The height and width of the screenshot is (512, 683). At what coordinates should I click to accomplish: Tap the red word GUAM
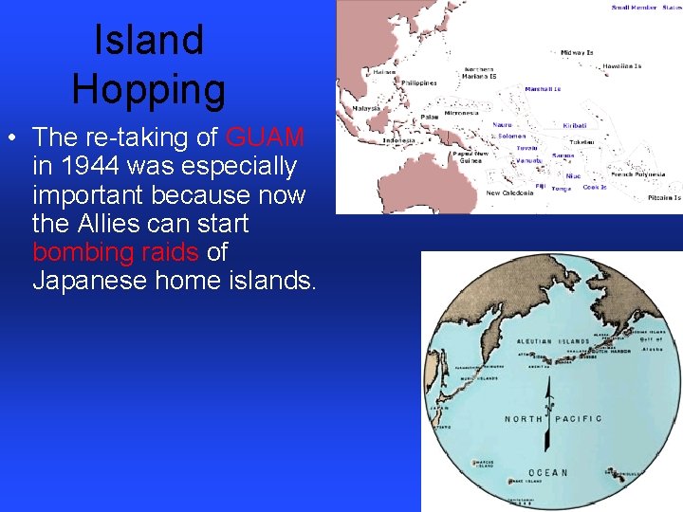[265, 137]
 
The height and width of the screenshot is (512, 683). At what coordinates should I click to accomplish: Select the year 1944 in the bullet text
[86, 166]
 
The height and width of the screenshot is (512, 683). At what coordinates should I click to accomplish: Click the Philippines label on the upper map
[418, 83]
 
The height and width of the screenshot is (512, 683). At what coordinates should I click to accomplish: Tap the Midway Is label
[578, 52]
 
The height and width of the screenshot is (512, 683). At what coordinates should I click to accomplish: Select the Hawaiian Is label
[622, 66]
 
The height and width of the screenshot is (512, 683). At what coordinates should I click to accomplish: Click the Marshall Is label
[544, 89]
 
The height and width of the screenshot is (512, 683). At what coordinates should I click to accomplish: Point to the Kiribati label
[575, 125]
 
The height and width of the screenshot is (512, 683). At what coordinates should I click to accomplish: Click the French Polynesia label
[638, 174]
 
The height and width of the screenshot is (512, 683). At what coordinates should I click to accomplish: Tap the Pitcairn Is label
[664, 197]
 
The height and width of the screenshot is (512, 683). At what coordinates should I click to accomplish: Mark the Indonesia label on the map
[398, 141]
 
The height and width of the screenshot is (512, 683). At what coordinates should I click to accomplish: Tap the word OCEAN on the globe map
[547, 472]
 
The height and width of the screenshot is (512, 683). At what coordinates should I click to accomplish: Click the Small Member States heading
[646, 8]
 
